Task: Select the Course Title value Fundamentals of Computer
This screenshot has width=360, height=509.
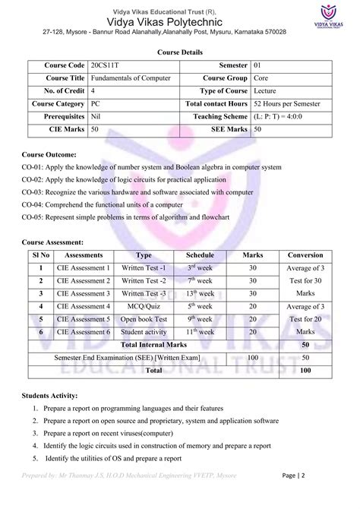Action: [x=130, y=79]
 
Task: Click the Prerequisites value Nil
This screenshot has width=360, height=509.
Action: [x=96, y=117]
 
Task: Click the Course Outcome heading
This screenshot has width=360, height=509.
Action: [x=51, y=154]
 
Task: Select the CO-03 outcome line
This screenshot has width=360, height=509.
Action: [x=137, y=192]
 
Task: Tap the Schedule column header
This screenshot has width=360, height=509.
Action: [x=200, y=255]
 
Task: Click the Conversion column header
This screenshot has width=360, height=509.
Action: [x=305, y=255]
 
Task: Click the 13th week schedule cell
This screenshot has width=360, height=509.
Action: [x=200, y=293]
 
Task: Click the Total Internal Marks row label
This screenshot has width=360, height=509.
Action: [x=154, y=345]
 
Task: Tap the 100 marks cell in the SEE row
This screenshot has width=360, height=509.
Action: [x=252, y=357]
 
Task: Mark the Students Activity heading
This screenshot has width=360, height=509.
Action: [x=54, y=396]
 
